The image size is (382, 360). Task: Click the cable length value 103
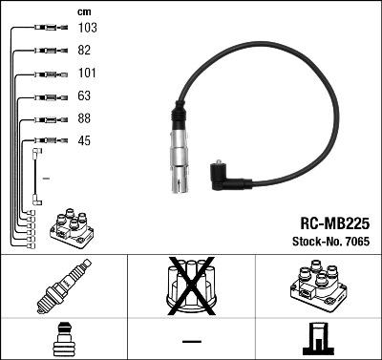[x=87, y=28]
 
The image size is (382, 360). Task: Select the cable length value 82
[x=84, y=51]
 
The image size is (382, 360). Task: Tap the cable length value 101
[x=86, y=74]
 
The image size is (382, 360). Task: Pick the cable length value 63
[x=84, y=96]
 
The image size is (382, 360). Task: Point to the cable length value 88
[x=84, y=119]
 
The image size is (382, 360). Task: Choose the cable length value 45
[x=84, y=142]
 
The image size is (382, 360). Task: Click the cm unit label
[x=84, y=11]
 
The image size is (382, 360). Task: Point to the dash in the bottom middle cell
[x=191, y=341]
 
